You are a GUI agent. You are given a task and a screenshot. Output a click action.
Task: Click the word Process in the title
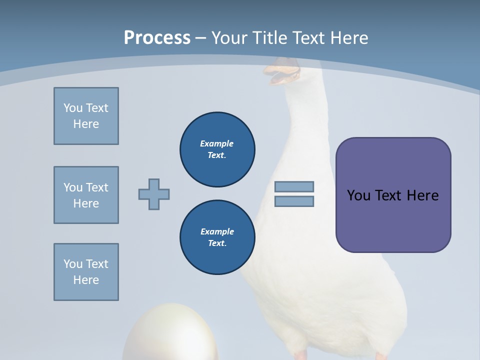[x=157, y=37]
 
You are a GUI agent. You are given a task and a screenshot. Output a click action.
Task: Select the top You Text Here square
[x=86, y=116]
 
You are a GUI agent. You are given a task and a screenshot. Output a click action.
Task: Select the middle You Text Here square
[x=86, y=195]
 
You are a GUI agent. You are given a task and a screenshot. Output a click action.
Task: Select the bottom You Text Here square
[x=86, y=272]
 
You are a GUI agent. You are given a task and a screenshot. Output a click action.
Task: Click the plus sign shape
[x=154, y=194]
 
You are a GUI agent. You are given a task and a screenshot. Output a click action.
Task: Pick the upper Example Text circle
[x=217, y=149]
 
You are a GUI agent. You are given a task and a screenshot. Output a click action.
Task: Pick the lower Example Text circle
[x=217, y=237]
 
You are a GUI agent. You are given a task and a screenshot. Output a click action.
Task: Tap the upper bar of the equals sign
[x=294, y=186]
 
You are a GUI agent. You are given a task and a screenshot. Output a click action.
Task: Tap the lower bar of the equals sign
[x=294, y=201]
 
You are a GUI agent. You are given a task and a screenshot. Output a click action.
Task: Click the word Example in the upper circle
[x=216, y=143]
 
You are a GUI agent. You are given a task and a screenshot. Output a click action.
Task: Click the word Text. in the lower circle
[x=217, y=243]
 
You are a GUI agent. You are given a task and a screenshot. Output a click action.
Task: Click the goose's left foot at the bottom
[x=301, y=354]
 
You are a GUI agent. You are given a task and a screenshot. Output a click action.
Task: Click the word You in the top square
[x=73, y=108]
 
